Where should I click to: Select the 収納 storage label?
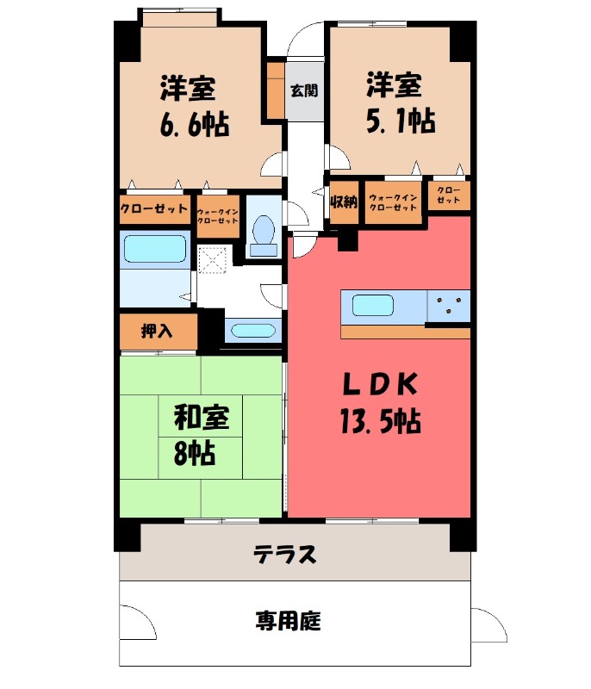[x=344, y=202]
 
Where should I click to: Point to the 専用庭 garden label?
[x=288, y=620]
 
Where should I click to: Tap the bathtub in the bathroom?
[x=155, y=250]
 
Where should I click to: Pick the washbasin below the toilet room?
[x=252, y=330]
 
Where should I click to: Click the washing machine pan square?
[x=213, y=259]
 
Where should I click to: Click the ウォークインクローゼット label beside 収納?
[x=393, y=202]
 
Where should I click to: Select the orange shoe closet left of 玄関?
[x=275, y=90]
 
